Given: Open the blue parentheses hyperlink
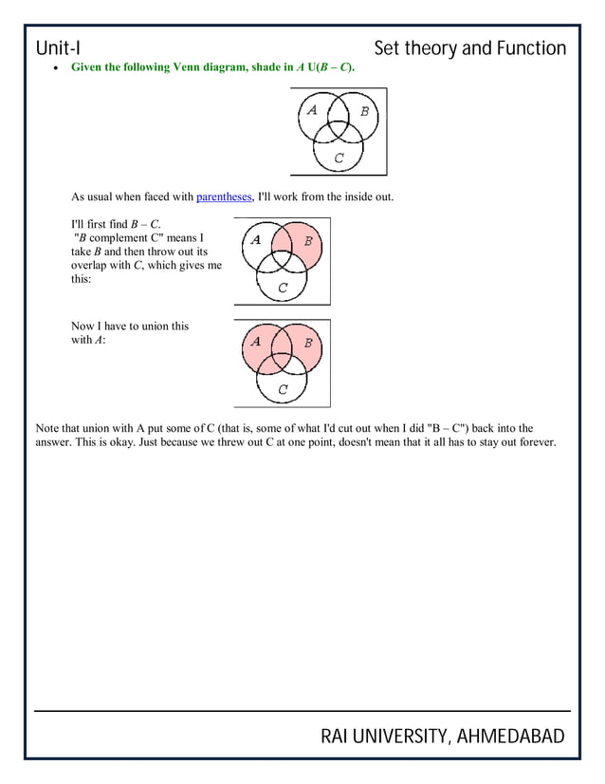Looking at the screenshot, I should point(225,196).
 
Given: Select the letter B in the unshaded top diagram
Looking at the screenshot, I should point(364,111).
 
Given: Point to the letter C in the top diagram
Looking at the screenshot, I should point(339,158).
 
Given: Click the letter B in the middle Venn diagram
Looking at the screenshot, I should point(308,241).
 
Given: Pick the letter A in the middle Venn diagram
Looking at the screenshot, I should point(256,239).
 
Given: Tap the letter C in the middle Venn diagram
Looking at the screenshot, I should point(283,288).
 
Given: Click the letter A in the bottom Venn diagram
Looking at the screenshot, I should point(256,341).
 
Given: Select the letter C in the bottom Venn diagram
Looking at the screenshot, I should point(283,389).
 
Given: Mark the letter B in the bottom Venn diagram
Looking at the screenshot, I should point(308,343).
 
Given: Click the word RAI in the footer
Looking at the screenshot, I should point(339,737).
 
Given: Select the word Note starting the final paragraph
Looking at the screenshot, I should point(47,428).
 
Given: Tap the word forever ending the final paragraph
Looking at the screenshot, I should point(534,442).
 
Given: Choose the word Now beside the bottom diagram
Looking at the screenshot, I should point(84,327).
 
